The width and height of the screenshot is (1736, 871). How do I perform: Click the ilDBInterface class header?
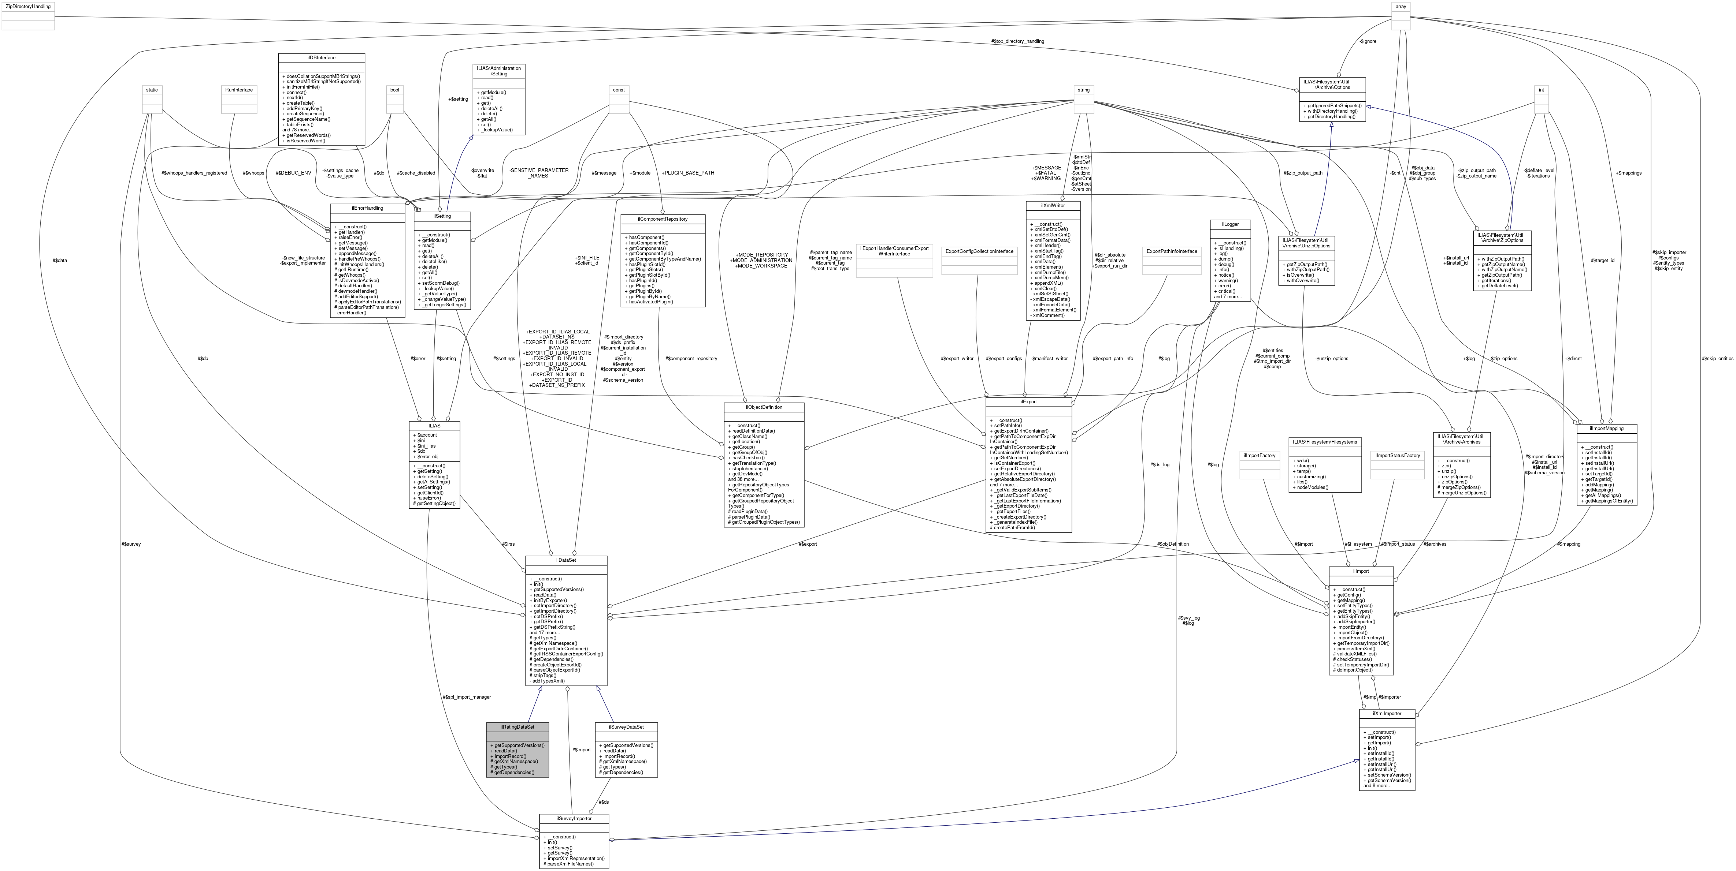pos(322,58)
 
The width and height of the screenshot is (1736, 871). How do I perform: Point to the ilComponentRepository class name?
pos(663,219)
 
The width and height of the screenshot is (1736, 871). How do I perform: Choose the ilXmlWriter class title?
pos(1052,205)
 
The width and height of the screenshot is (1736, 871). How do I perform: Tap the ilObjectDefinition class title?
pos(764,407)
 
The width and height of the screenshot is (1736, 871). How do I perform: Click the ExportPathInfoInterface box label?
pos(1172,251)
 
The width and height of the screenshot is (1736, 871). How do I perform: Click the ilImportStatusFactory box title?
pos(1397,455)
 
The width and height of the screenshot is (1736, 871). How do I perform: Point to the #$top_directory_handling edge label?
pos(1017,41)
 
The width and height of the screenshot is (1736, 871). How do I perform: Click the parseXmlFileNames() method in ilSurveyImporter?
pos(570,864)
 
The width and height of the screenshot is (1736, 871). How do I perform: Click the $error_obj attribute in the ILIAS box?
pos(427,457)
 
